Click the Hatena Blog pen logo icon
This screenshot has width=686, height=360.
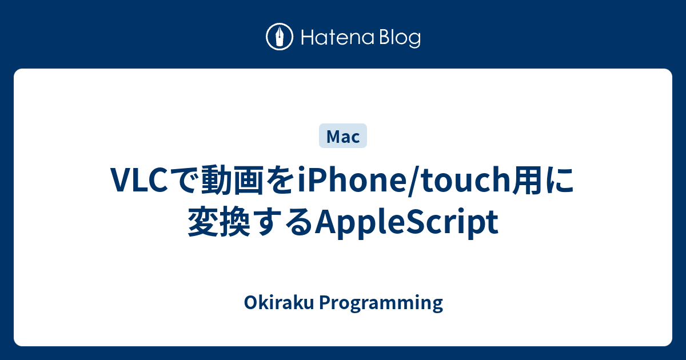pyautogui.click(x=280, y=37)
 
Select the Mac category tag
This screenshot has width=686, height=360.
pyautogui.click(x=343, y=137)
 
